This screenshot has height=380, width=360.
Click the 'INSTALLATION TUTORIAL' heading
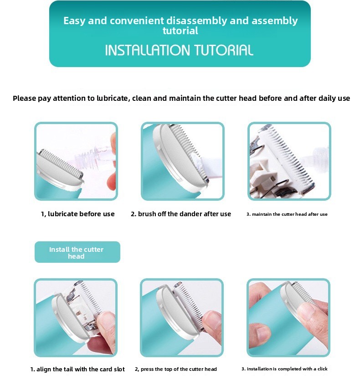coord(179,50)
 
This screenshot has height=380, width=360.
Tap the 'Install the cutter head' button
coord(77,252)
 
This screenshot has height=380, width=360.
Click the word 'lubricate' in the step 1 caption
coord(62,214)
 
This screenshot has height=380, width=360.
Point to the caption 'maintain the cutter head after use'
coord(289,214)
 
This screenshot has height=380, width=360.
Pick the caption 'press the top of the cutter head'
coord(179,369)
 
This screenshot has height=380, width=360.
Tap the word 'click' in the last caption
coord(323,369)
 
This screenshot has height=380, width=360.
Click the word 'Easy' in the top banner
coord(75,21)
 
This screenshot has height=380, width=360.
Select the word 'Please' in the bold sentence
coord(24,98)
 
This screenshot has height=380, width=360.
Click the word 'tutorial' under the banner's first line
coord(180,31)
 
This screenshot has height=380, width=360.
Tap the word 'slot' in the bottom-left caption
coord(119,369)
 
